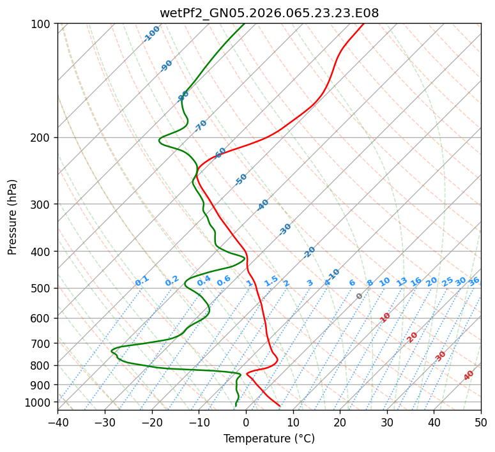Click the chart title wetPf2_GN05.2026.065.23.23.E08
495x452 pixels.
[x=269, y=13]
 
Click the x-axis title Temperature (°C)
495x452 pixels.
[x=269, y=439]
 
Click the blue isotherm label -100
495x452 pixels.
[x=152, y=34]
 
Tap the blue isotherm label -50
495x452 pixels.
[x=241, y=179]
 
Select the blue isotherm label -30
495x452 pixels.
[x=286, y=229]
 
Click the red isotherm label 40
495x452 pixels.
[x=469, y=375]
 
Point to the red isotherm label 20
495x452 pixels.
[x=413, y=336]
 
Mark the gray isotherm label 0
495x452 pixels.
[x=360, y=296]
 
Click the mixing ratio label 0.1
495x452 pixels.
[x=142, y=280]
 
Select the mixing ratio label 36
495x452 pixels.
[x=474, y=281]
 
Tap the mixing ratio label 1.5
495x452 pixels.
[x=271, y=280]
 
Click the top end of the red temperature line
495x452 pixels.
[x=363, y=24]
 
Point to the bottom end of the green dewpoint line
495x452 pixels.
[x=236, y=406]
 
